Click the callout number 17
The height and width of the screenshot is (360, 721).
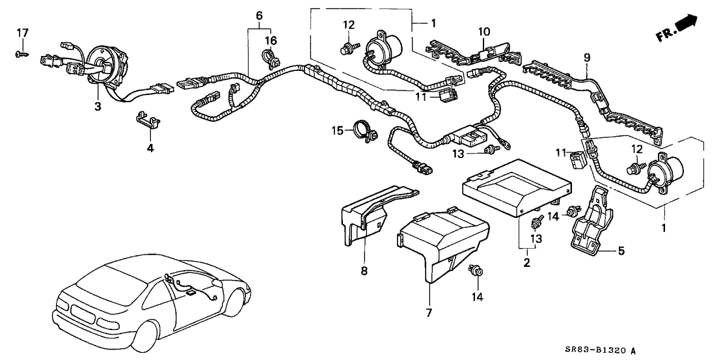point(23,32)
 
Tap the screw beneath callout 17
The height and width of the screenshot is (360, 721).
point(20,54)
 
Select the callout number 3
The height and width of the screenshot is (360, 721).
point(97,106)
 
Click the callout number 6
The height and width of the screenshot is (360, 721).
point(259,15)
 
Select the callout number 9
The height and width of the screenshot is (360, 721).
point(586,58)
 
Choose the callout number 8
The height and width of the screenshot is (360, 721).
point(364,270)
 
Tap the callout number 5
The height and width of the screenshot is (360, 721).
point(621,249)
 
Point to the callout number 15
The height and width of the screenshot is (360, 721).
point(338,131)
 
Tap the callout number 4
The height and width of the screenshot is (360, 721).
point(151,148)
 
